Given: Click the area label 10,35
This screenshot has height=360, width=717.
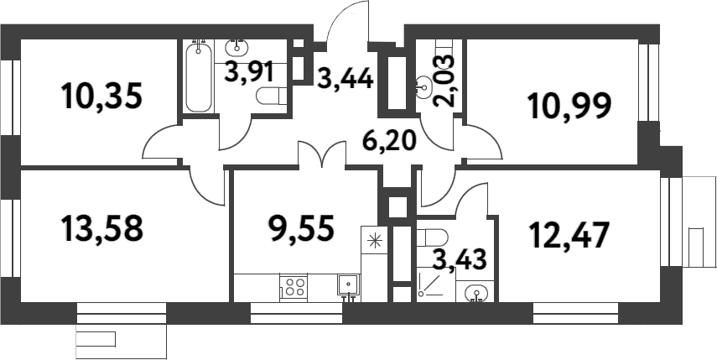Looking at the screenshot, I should click(102, 96).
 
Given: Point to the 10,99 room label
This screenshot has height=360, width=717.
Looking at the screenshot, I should click(569, 106).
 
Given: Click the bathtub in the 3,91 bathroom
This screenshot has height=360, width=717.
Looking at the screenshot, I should click(199, 76).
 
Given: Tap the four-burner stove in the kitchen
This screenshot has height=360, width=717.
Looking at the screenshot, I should click(293, 287).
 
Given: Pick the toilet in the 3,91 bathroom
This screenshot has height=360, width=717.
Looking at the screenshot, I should click(273, 99).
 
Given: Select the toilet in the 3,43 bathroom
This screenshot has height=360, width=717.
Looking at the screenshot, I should click(431, 234).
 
